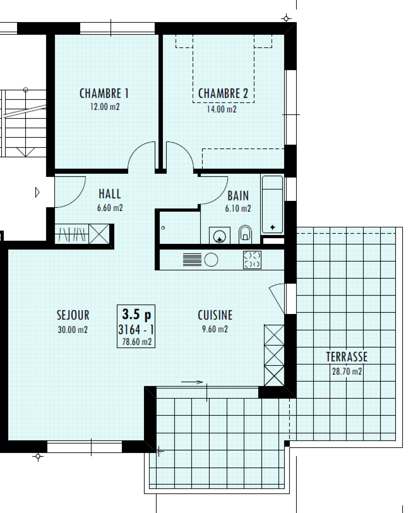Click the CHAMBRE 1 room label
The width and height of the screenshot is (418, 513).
pos(104,94)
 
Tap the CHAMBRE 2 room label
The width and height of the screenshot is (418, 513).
pos(223,94)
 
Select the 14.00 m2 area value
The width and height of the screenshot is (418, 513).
pos(222,109)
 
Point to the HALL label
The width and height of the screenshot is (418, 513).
pos(110,194)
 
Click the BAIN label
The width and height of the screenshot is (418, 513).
pos(238,196)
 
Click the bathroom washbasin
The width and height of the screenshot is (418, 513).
pos(220,235)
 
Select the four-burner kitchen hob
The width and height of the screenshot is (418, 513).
pos(252,259)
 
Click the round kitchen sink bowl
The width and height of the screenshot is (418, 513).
pos(211,259)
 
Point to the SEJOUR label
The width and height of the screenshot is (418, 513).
pos(73,315)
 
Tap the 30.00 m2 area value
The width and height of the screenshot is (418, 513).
pos(73,330)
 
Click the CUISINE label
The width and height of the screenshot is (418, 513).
pos(215,315)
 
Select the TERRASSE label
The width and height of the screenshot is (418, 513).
pos(347,357)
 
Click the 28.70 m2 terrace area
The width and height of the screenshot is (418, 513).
pos(347,371)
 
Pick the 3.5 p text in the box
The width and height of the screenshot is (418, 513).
pos(136,314)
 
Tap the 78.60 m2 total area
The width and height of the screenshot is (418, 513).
pos(137,342)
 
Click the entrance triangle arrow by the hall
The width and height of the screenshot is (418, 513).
pos(37,192)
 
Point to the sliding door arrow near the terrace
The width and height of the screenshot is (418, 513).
pos(192,382)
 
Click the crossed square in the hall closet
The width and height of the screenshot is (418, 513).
pos(99,234)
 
